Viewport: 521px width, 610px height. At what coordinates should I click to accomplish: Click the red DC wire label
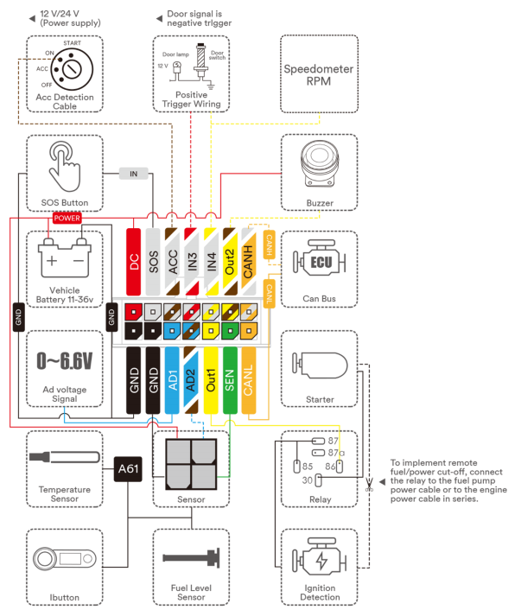(133, 262)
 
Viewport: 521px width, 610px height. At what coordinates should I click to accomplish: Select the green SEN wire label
(230, 380)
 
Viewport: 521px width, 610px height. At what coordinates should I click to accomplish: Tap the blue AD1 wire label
(172, 380)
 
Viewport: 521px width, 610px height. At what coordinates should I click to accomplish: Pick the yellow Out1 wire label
(211, 380)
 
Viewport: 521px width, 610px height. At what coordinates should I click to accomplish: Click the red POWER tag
(67, 219)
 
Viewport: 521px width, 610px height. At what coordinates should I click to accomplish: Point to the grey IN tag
(133, 174)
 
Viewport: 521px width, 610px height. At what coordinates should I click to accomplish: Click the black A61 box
(128, 469)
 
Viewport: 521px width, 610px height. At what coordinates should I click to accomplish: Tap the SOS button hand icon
(65, 166)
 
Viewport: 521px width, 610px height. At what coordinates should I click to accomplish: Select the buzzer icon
(320, 163)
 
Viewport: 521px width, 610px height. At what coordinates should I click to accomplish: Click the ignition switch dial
(72, 69)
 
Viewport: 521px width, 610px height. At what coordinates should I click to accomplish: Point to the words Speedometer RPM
(319, 75)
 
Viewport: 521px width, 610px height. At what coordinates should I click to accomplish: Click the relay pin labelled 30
(318, 480)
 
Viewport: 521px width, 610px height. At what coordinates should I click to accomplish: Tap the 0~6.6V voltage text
(65, 360)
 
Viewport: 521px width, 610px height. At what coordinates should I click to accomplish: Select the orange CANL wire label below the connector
(249, 380)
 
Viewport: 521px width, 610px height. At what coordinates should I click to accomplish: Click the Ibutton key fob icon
(65, 559)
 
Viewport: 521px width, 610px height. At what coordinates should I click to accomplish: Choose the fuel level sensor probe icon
(191, 558)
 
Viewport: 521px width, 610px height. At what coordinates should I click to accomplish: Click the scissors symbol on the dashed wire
(369, 485)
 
